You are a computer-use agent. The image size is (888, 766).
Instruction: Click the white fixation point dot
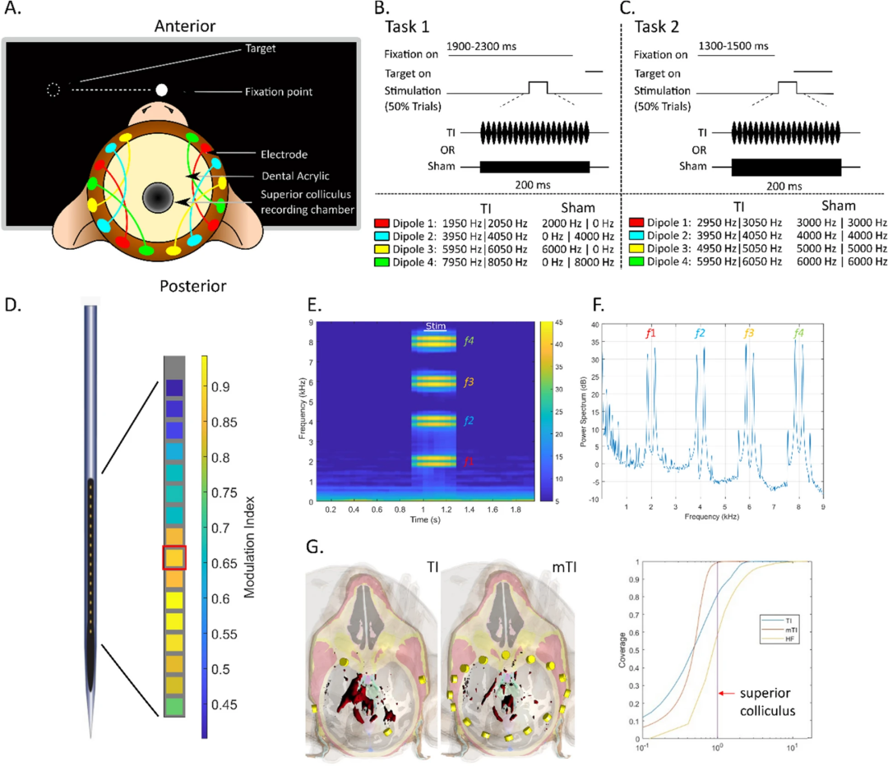(x=162, y=89)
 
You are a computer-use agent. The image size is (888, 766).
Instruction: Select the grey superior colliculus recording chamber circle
(x=157, y=198)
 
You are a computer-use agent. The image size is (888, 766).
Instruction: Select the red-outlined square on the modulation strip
(x=174, y=557)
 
